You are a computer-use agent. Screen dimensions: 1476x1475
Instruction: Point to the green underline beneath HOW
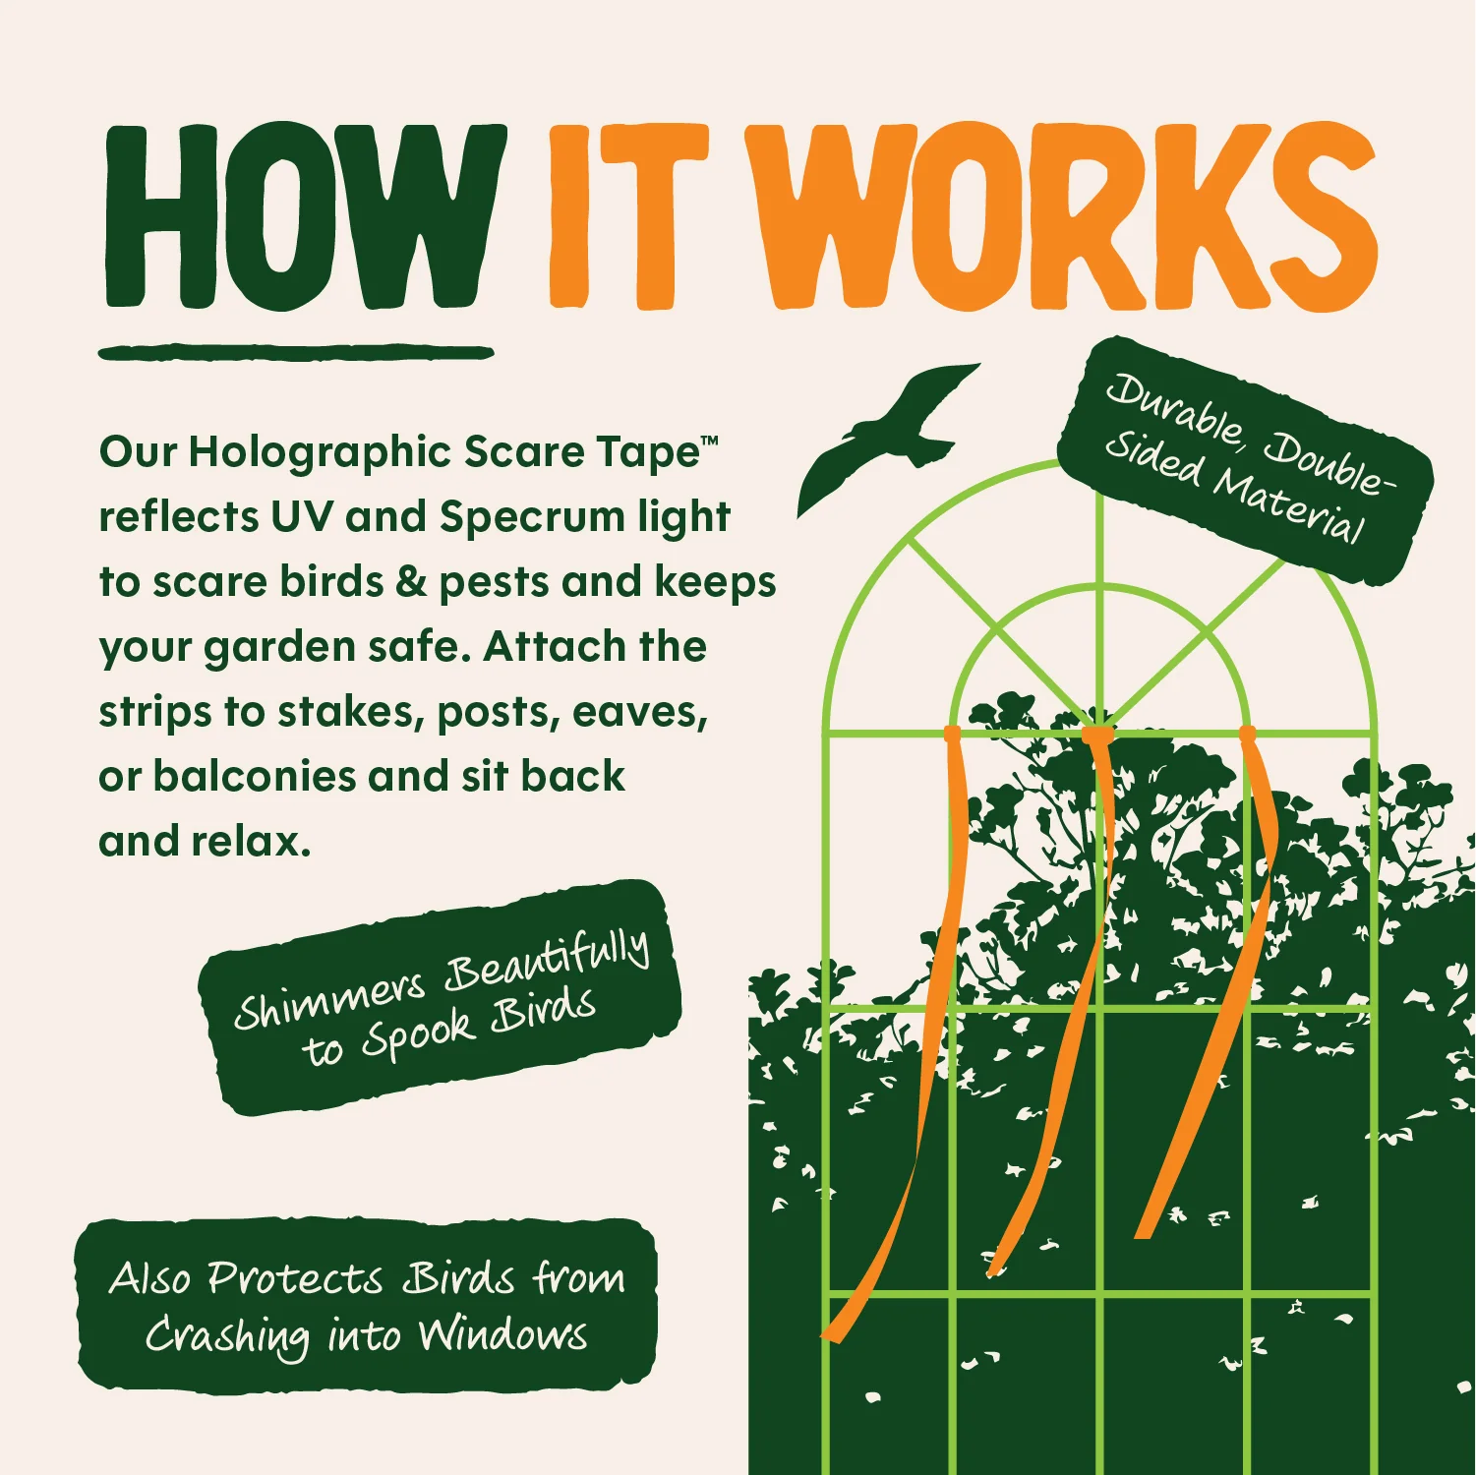[296, 352]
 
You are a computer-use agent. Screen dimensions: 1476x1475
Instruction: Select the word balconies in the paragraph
[255, 776]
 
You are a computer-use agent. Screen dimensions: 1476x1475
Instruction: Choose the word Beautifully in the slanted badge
[548, 960]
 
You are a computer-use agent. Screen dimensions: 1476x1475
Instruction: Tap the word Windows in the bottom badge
[503, 1335]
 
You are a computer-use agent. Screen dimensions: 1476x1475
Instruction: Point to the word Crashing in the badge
[227, 1337]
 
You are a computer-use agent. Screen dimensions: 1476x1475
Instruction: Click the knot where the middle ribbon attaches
[1097, 735]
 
